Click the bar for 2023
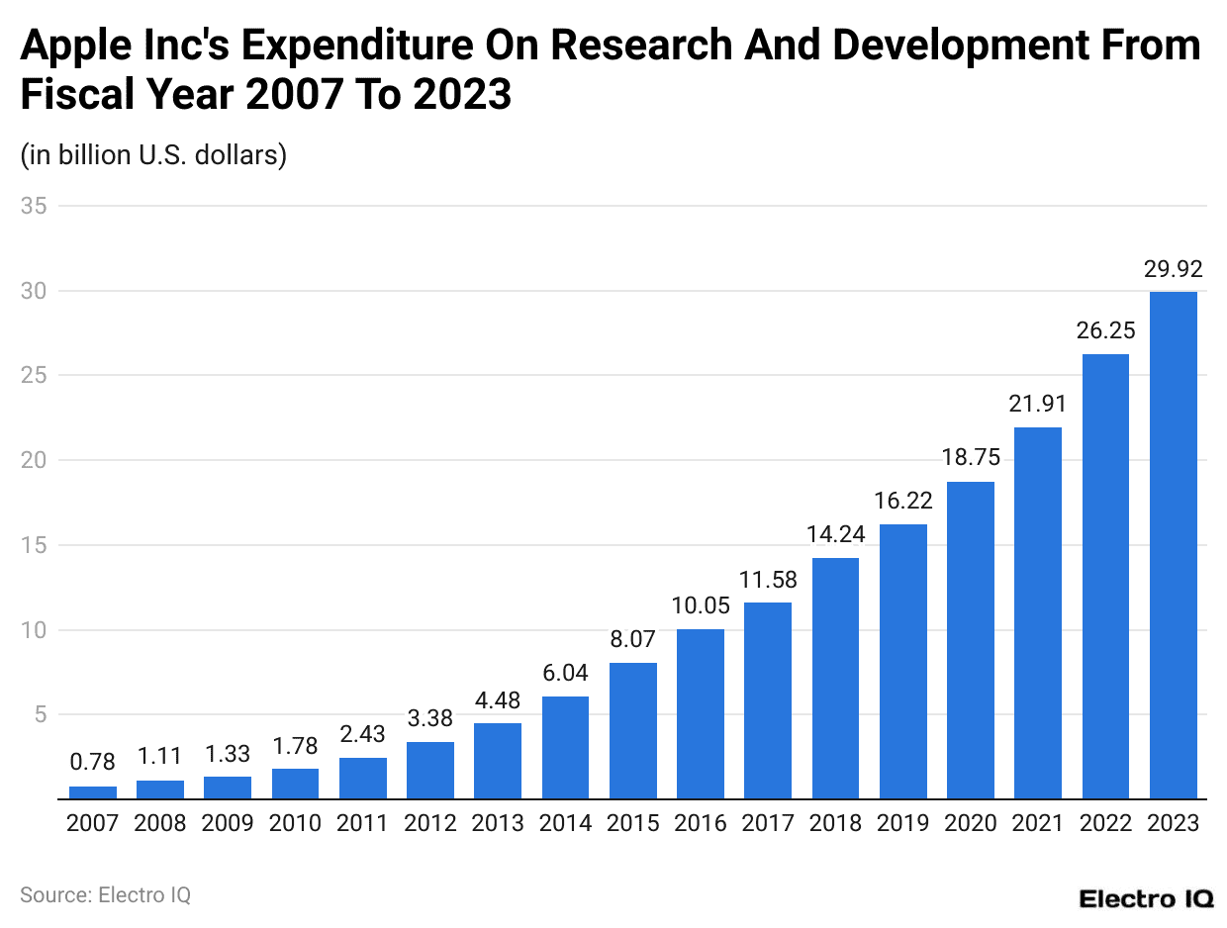(1173, 545)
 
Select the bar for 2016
(701, 713)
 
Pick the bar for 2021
(1038, 612)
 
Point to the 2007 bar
(93, 792)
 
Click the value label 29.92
(1173, 268)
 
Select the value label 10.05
(701, 605)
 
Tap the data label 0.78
(93, 763)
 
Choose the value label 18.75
(971, 457)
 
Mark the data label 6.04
(566, 673)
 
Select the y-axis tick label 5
(40, 714)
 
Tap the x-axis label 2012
(430, 823)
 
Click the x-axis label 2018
(835, 823)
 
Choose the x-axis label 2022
(1105, 823)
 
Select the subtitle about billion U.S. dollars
(153, 155)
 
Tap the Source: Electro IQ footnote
(105, 895)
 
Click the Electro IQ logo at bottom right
(1145, 898)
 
